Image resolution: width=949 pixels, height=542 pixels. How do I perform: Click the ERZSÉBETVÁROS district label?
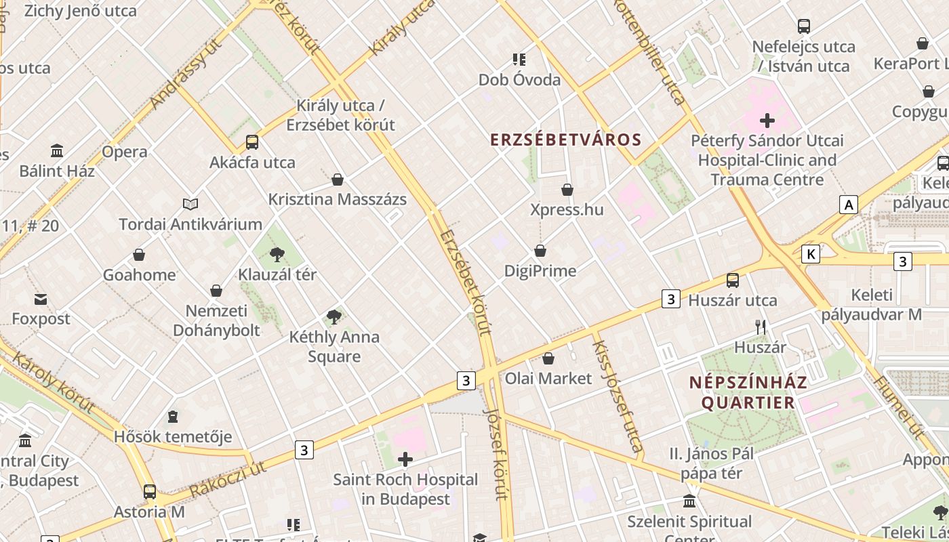pos(565,140)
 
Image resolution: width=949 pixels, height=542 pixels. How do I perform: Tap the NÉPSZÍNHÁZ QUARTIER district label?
pos(748,392)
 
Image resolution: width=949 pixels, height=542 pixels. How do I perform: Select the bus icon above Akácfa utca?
pos(252,142)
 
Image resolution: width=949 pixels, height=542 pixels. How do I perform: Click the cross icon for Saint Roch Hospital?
pos(405,460)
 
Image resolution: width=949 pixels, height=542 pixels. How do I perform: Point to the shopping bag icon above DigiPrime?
pos(540,251)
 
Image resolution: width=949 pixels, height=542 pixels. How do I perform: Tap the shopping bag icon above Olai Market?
pos(548,358)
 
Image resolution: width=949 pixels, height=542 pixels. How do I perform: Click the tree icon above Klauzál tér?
pos(277,255)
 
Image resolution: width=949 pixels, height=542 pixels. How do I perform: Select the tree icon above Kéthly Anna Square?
pos(334,316)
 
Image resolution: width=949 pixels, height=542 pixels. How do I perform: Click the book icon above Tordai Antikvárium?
pos(190,204)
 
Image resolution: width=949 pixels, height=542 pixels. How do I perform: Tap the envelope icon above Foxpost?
pos(41,299)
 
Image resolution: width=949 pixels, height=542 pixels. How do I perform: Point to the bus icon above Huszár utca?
pos(733,280)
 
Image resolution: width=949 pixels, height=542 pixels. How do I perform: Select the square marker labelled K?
pos(810,254)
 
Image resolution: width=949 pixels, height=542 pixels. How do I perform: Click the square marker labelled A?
pos(848,204)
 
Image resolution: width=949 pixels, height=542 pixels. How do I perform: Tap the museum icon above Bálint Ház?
pos(57,150)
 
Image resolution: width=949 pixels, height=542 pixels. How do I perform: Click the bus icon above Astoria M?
pos(149,492)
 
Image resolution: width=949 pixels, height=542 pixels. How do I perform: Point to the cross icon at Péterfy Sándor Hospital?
pos(767,121)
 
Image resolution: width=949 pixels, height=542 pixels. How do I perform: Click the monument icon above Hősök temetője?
pos(173,416)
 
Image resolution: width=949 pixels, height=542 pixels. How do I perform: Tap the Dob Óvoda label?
pos(519,80)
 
